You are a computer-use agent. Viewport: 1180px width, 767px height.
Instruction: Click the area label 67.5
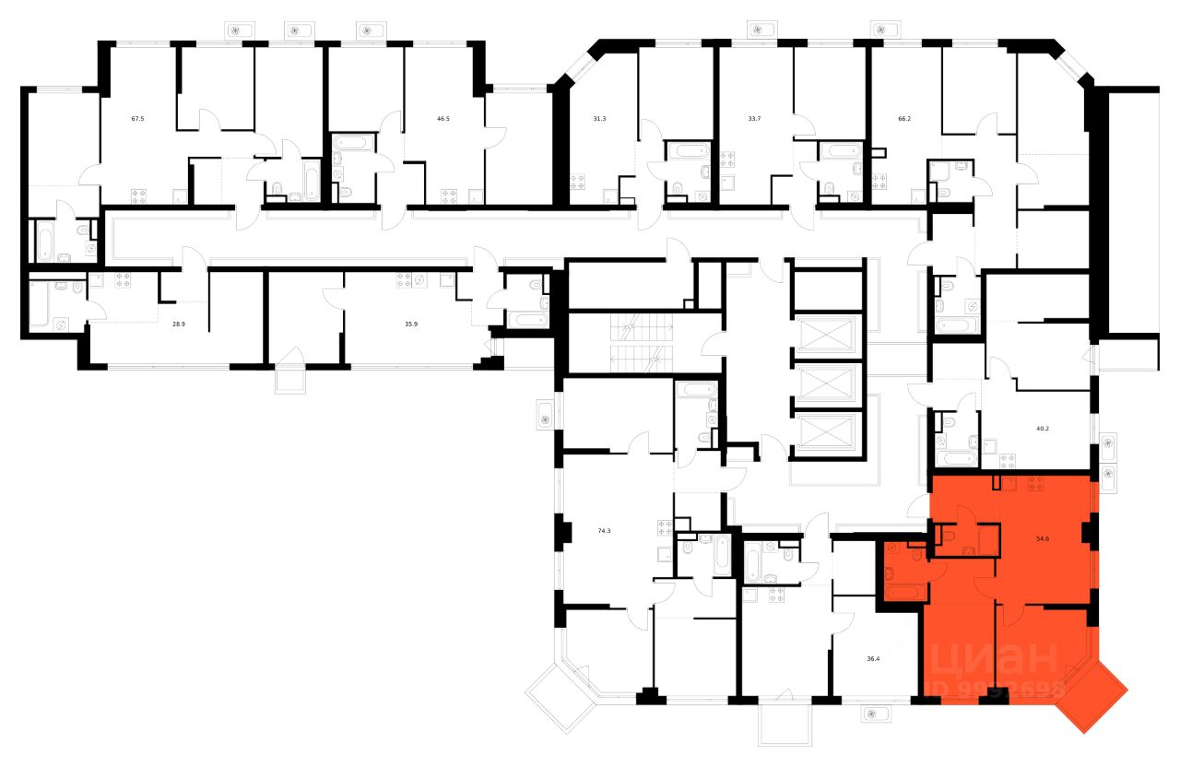(x=138, y=119)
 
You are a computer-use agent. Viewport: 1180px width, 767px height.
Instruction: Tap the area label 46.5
(x=443, y=119)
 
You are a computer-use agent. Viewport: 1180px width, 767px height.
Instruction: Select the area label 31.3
(x=600, y=119)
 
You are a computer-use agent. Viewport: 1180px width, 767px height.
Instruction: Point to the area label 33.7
(x=754, y=119)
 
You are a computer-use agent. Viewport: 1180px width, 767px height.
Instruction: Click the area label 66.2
(x=904, y=119)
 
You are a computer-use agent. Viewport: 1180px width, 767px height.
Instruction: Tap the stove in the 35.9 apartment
(x=405, y=280)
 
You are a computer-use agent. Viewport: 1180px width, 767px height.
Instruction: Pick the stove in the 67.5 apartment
(x=139, y=195)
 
